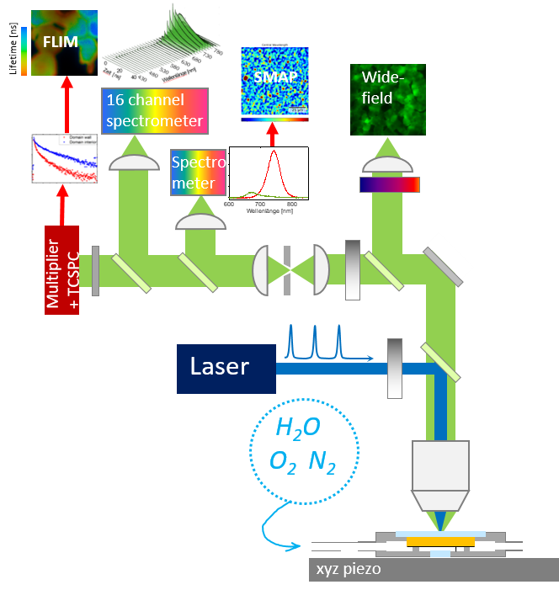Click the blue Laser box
tap(226, 368)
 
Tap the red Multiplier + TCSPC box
tap(61, 269)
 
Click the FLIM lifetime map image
tap(63, 43)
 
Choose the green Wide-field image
tap(387, 99)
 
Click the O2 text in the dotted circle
tap(281, 461)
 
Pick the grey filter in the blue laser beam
tap(395, 368)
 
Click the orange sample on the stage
tap(439, 542)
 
